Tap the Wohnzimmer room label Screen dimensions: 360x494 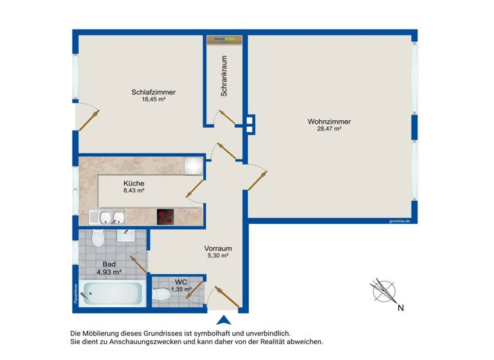tap(329, 121)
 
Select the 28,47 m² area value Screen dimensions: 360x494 tap(329, 129)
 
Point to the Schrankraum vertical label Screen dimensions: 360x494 tap(224, 76)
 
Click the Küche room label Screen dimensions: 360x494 tap(134, 183)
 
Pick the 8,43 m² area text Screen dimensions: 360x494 tap(134, 190)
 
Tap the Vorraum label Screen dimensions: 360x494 tap(217, 249)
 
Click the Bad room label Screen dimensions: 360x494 tap(109, 264)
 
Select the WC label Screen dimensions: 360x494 tap(180, 282)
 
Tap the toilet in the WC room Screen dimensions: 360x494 tap(163, 294)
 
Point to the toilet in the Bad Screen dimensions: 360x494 tap(98, 239)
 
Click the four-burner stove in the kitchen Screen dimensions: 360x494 tap(165, 217)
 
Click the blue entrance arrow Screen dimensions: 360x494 tap(223, 320)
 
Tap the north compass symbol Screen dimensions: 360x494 tap(384, 291)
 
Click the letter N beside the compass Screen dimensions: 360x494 tap(401, 307)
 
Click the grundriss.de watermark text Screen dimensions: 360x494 tap(399, 221)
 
